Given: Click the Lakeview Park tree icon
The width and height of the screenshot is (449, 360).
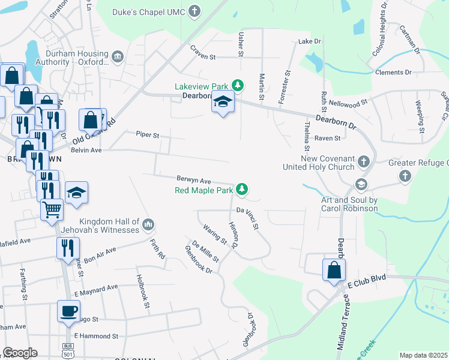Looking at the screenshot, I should click(x=238, y=86).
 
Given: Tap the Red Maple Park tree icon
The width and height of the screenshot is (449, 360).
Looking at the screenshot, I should click(x=242, y=190).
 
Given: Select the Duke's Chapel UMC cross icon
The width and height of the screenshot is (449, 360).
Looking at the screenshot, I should click(x=194, y=10).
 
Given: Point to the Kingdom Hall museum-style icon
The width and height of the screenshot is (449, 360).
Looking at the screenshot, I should click(x=148, y=225).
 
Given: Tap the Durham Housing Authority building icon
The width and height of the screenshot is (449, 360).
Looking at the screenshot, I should click(x=117, y=57).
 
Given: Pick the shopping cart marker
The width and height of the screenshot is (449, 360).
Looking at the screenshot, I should click(x=52, y=209).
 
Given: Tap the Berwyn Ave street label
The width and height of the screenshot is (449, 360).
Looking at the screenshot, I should click(x=194, y=180).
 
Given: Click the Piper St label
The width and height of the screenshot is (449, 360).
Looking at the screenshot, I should click(x=147, y=135).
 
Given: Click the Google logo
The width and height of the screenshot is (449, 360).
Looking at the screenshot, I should click(x=20, y=353).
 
